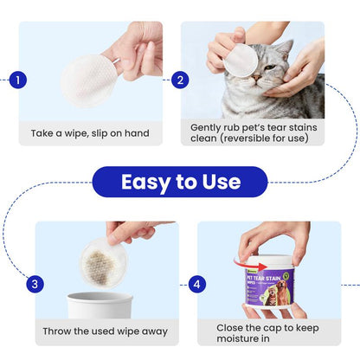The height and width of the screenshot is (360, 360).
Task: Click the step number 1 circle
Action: (20, 80)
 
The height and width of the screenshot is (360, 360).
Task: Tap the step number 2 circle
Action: (180, 80)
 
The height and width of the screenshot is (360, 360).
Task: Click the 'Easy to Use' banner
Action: (180, 183)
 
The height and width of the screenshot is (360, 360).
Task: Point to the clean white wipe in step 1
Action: (90, 80)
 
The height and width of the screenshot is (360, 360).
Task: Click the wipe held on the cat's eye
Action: (241, 60)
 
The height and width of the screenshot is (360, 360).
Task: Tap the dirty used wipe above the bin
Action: (103, 260)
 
